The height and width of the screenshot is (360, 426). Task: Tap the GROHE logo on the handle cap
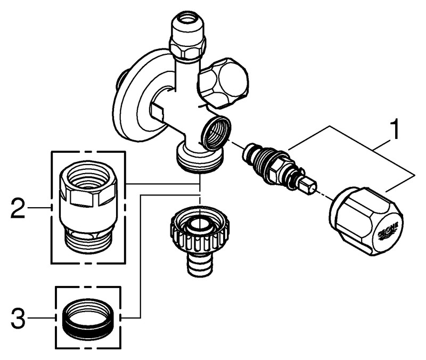tap(388, 231)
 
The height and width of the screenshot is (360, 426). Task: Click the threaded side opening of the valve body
tap(216, 133)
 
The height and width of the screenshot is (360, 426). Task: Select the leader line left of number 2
tap(40, 207)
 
